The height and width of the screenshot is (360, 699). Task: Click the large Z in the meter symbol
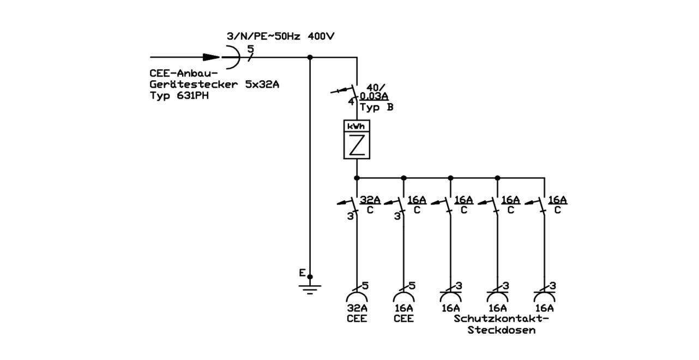(357, 145)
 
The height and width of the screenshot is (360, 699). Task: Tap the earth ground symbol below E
(310, 290)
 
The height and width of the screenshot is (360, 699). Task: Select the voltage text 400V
(321, 36)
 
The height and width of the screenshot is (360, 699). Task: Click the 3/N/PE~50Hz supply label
(263, 37)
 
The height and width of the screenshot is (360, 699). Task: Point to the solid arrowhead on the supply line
(211, 57)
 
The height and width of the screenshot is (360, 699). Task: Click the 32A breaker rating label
(370, 200)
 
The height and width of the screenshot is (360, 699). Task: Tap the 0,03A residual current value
(374, 96)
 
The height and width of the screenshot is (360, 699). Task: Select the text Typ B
(377, 107)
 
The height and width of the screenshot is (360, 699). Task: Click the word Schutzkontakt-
(501, 319)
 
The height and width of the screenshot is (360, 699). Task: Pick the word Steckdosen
(501, 330)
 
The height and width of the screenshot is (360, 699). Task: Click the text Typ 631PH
(179, 95)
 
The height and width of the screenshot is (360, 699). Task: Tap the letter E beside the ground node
(302, 273)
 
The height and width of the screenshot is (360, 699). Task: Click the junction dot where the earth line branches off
(310, 57)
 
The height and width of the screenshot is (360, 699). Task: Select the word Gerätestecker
(194, 85)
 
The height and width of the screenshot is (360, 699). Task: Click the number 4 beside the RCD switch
(351, 102)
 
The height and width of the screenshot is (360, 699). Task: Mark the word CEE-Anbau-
(184, 74)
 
